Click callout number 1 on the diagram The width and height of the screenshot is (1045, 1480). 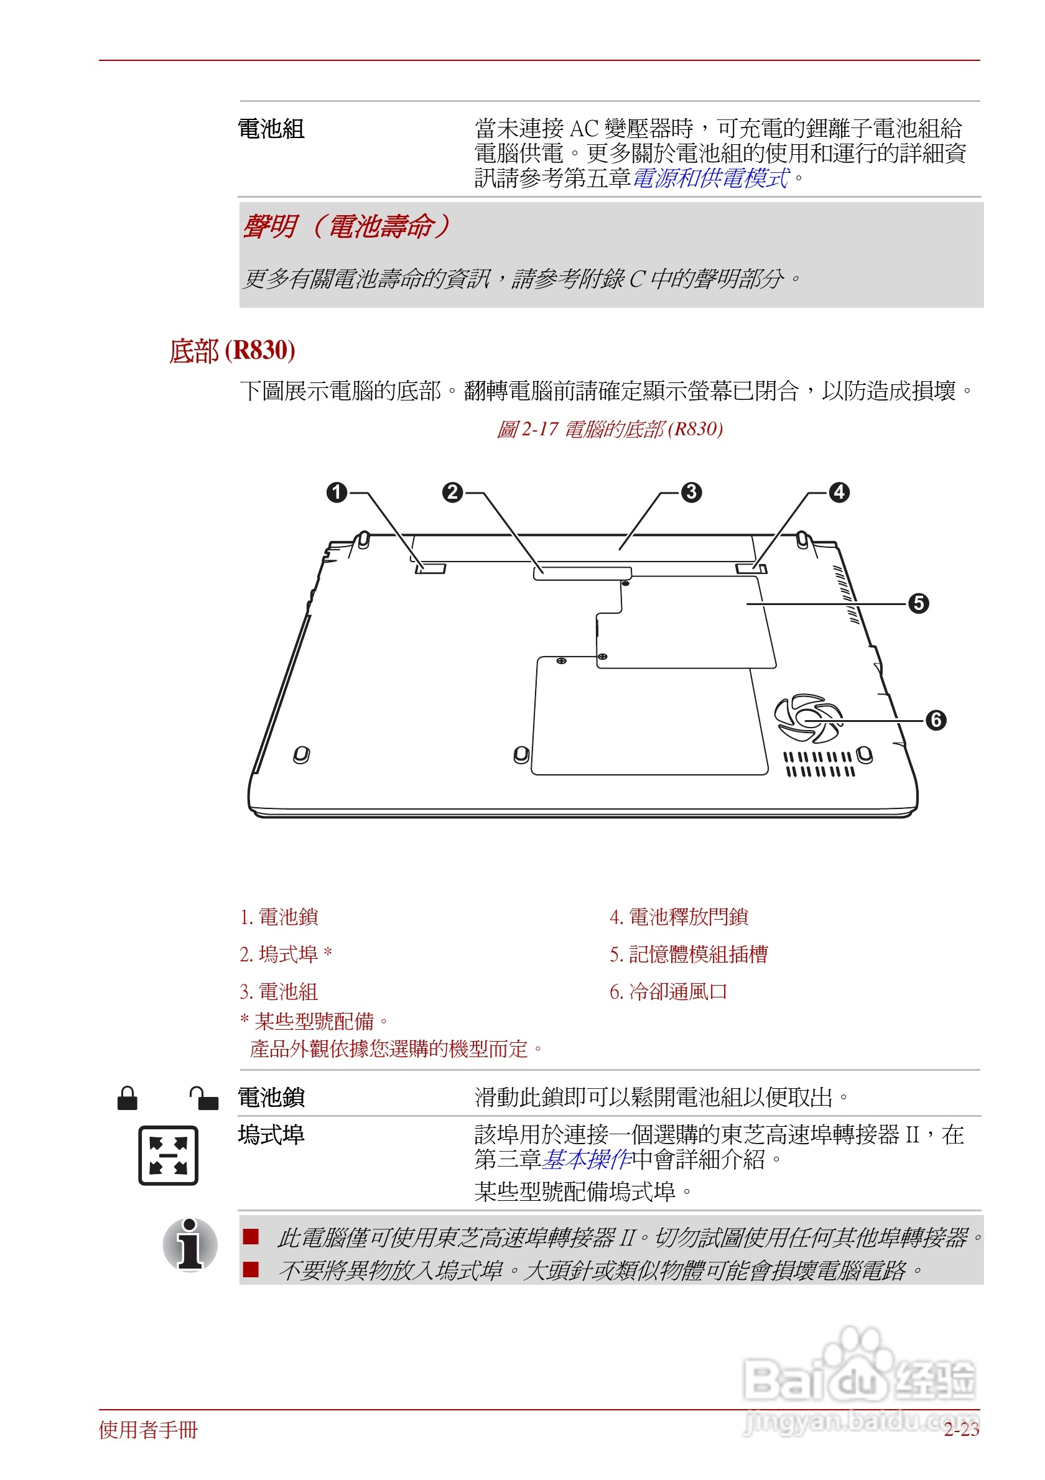coord(337,493)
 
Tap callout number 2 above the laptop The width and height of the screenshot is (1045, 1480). coord(453,493)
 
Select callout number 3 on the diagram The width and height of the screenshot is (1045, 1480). coord(692,493)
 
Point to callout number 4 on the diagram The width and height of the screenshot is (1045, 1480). coord(838,493)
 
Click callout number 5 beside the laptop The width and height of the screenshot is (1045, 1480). coord(919,603)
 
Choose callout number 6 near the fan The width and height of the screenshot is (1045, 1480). coord(936,720)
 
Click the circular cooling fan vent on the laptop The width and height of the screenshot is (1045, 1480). coord(809,718)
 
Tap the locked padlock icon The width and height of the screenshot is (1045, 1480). coord(127,1098)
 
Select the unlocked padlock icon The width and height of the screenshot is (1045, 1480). coord(205,1098)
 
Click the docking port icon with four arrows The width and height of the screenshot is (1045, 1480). coord(168,1155)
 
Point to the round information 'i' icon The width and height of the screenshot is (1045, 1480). coord(190,1244)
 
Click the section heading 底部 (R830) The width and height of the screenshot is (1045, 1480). coord(232,351)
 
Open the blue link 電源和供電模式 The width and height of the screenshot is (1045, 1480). coord(711,178)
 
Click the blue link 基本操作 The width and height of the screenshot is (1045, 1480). coord(587,1159)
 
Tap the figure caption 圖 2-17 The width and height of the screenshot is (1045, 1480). coord(610,428)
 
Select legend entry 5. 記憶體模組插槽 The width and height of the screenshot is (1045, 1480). coord(689,954)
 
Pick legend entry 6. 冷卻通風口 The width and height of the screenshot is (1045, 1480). coord(669,991)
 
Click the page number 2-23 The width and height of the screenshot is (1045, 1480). coord(961,1430)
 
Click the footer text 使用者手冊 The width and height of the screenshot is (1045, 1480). coord(148,1430)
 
